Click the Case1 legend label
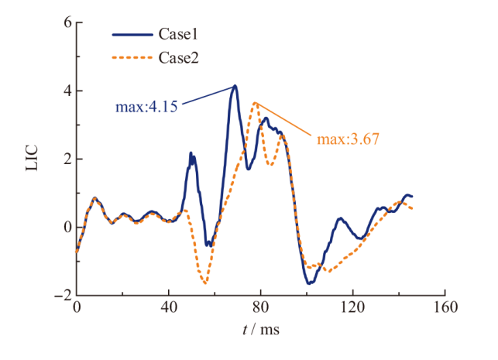(x=180, y=35)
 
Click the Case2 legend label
(x=180, y=57)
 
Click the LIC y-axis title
(x=33, y=159)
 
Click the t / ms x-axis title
(x=260, y=329)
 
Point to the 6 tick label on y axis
(x=67, y=23)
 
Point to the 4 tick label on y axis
(x=67, y=91)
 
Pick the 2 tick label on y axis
(x=67, y=159)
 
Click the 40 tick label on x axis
(x=168, y=308)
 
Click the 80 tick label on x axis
(x=260, y=308)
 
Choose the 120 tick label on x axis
(x=352, y=308)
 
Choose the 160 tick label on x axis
(x=445, y=308)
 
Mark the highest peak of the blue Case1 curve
(x=235, y=86)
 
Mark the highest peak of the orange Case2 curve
(x=255, y=102)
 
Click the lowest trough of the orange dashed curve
(x=205, y=283)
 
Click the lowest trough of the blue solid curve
(x=310, y=283)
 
